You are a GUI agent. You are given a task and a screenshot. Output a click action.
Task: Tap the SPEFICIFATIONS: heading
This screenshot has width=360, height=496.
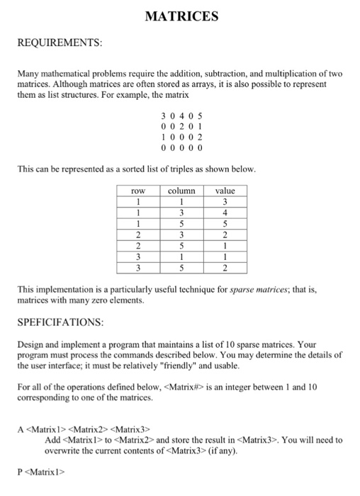pyautogui.click(x=61, y=322)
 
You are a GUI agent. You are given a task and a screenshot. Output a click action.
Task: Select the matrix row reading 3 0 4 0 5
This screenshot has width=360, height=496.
pyautogui.click(x=181, y=115)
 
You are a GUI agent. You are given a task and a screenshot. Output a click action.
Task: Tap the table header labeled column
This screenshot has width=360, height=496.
pyautogui.click(x=181, y=191)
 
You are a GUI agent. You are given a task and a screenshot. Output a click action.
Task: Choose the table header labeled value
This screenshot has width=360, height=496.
pyautogui.click(x=225, y=191)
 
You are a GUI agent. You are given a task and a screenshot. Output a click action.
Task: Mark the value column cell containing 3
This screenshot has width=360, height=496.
pyautogui.click(x=225, y=201)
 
